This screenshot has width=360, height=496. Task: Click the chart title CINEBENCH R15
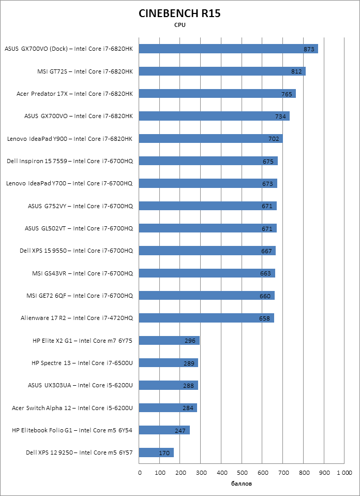click(x=179, y=14)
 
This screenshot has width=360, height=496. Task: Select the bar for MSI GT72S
click(x=222, y=71)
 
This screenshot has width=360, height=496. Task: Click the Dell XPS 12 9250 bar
click(x=157, y=453)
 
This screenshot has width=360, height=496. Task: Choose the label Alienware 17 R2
click(x=77, y=318)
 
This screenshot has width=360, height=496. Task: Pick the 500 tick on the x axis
click(x=242, y=472)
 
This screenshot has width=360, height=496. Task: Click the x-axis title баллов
click(x=242, y=484)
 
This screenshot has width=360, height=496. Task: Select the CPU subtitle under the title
click(x=179, y=25)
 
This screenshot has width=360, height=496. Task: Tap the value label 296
click(x=190, y=341)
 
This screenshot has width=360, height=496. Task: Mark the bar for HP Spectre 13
click(x=169, y=363)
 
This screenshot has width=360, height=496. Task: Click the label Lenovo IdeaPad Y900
click(x=70, y=139)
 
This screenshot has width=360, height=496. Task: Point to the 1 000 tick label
click(x=344, y=472)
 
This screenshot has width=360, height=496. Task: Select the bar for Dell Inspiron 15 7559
click(x=208, y=161)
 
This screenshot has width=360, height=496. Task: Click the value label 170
click(x=164, y=454)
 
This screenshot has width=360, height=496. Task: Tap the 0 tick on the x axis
click(x=140, y=472)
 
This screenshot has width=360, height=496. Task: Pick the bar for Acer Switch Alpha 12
click(x=168, y=408)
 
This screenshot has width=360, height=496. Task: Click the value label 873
click(x=309, y=49)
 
